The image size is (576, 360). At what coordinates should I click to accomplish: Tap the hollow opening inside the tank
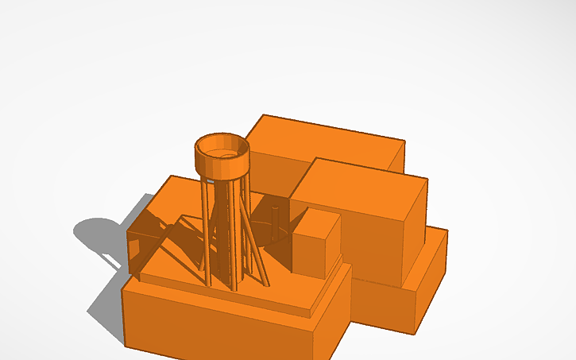point(222,147)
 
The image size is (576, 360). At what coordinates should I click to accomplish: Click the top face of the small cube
point(313,219)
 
